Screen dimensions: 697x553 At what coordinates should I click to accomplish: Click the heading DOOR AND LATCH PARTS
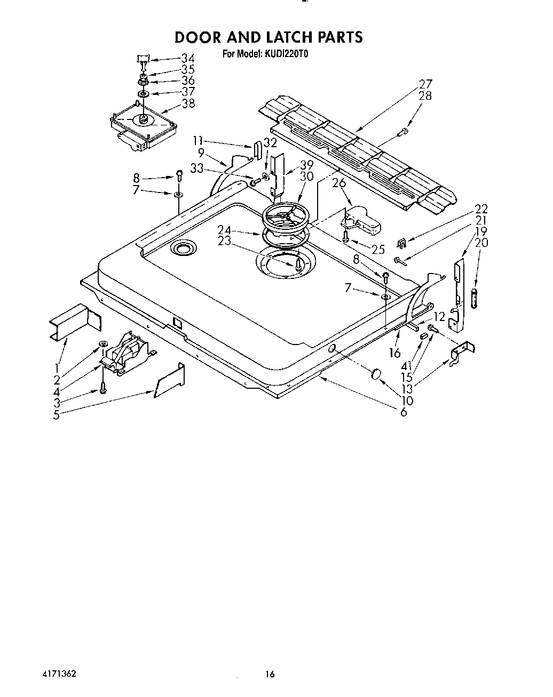[x=268, y=37]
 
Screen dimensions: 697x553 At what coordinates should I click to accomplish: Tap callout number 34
[x=188, y=58]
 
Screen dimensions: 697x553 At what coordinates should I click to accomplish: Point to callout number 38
[x=188, y=103]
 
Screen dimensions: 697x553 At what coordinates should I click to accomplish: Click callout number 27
[x=425, y=84]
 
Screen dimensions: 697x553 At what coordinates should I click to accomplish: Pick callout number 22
[x=481, y=209]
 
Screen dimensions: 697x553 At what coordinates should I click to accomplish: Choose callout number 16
[x=395, y=353]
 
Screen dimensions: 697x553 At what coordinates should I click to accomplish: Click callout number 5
[x=57, y=415]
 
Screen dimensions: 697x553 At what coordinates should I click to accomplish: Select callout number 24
[x=224, y=230]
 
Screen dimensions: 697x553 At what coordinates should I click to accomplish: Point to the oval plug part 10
[x=376, y=374]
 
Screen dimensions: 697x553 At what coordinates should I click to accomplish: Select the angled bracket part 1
[x=75, y=322]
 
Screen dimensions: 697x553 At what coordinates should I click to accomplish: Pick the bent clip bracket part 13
[x=462, y=354]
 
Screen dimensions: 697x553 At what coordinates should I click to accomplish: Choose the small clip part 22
[x=401, y=244]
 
